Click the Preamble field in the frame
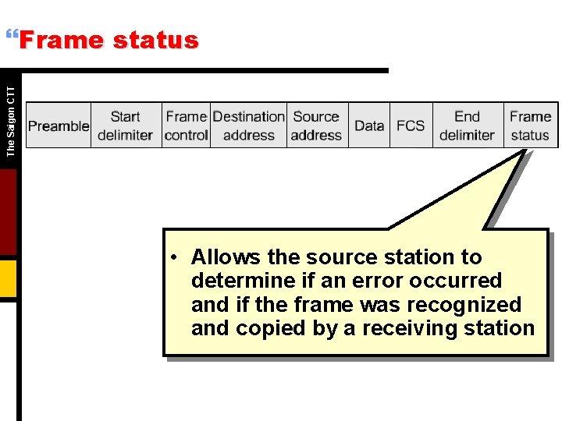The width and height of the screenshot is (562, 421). coord(59,126)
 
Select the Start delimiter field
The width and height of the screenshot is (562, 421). coord(125,126)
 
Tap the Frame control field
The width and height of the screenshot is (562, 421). coord(187,126)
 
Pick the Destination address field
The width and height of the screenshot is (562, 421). coord(248,126)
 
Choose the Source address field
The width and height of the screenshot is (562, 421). coord(316,126)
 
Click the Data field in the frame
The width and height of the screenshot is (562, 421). coord(369,126)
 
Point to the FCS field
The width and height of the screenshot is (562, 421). coord(411,126)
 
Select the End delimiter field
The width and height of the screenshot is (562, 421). coord(467,126)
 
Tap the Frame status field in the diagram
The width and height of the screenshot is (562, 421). coord(531,126)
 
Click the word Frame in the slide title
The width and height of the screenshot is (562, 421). coord(61,41)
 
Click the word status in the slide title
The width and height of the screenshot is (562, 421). coord(155,41)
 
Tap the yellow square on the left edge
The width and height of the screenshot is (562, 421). coord(8,278)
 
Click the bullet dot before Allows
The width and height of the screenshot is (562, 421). coord(178,257)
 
